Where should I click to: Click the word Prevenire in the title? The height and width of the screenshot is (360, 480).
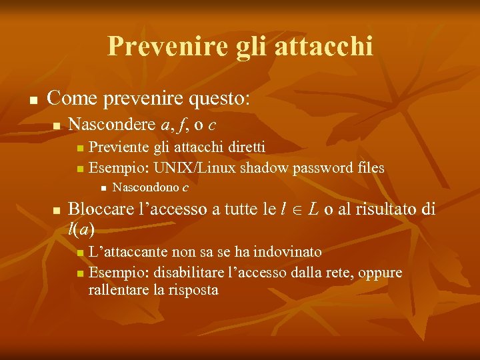point(151,46)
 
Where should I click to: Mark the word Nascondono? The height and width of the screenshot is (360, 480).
point(146,187)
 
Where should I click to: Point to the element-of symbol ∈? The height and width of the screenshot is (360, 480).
point(297,210)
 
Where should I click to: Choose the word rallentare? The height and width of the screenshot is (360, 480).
point(119,290)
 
